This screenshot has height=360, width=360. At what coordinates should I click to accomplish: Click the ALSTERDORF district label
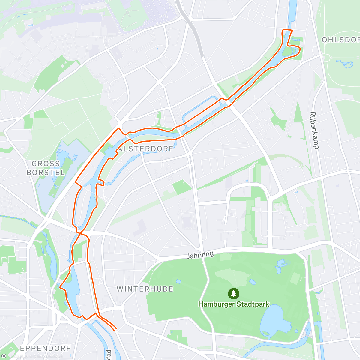pyautogui.click(x=146, y=149)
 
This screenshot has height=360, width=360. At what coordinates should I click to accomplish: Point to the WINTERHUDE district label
pyautogui.click(x=145, y=289)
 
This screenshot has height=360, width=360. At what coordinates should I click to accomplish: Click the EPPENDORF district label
pyautogui.click(x=45, y=348)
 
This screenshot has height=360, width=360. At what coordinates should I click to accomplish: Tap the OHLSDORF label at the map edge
pyautogui.click(x=340, y=40)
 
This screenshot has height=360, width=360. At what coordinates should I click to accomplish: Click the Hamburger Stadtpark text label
pyautogui.click(x=234, y=304)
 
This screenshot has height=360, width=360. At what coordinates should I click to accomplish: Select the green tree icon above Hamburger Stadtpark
pyautogui.click(x=233, y=293)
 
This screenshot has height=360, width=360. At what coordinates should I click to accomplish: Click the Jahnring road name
pyautogui.click(x=201, y=255)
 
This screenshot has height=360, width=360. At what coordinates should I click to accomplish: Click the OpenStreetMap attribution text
pyautogui.click(x=48, y=356)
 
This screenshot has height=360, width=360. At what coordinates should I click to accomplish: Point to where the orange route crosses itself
pyautogui.click(x=80, y=232)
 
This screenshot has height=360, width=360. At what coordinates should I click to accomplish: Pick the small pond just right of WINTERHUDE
pyautogui.click(x=178, y=281)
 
